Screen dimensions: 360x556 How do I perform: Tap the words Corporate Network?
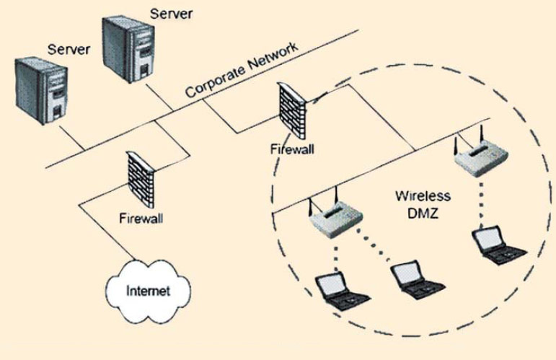coord(241,71)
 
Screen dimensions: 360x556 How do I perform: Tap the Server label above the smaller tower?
coord(69,49)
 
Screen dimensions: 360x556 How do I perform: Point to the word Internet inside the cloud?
coord(148,291)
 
